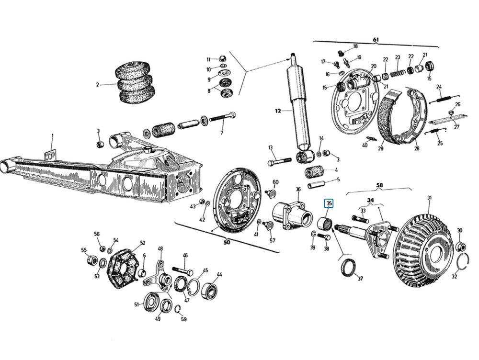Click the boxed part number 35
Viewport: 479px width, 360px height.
[x=329, y=203]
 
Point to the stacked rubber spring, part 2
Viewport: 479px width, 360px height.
[x=134, y=82]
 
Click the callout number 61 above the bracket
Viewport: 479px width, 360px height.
[x=376, y=39]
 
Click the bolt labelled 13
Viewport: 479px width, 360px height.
[x=280, y=162]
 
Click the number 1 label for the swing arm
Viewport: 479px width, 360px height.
[x=53, y=135]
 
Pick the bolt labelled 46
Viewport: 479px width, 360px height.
[x=182, y=270]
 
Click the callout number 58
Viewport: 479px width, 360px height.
[x=379, y=185]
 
